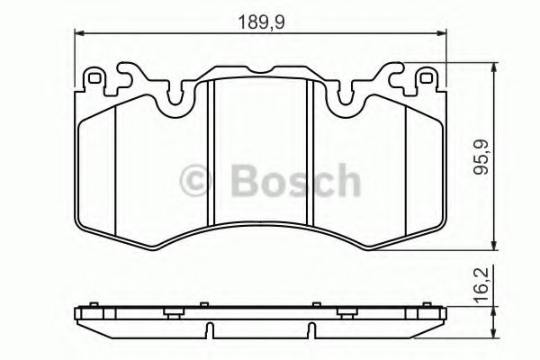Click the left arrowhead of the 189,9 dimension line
pos(77,33)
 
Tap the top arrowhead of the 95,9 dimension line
pos(494,67)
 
